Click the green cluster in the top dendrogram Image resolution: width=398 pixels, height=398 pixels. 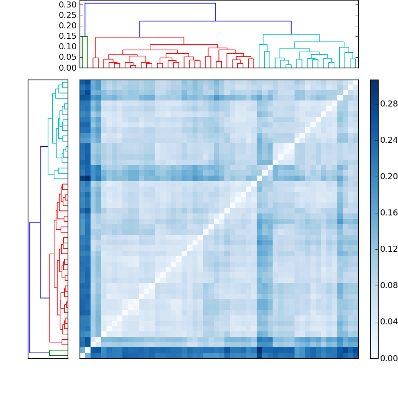pyautogui.click(x=85, y=37)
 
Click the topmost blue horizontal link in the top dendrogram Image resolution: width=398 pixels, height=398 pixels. pyautogui.click(x=149, y=3)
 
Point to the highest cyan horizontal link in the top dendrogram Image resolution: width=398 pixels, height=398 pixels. pyautogui.click(x=291, y=34)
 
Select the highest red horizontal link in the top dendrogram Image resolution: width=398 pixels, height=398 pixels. pyautogui.click(x=139, y=37)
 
